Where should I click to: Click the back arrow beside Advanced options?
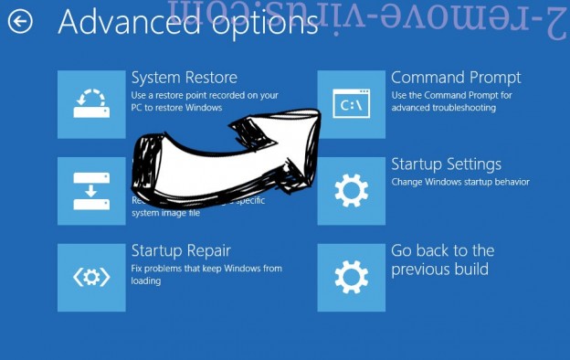point(19,21)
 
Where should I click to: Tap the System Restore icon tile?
point(91,104)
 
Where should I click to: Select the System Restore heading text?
point(184,78)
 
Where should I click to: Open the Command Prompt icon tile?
point(351,104)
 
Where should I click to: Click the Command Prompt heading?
point(456,78)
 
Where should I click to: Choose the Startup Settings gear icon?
point(351,191)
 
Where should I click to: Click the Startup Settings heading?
point(446,164)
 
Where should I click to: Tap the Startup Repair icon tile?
point(91,277)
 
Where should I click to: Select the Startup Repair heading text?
point(181,250)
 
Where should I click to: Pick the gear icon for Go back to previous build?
point(351,277)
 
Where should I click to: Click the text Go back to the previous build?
point(442,259)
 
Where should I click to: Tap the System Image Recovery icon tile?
point(91,191)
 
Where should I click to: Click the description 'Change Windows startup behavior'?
point(459,182)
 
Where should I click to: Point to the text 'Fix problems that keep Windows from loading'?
point(206,274)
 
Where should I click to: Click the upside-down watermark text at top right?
point(448,18)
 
